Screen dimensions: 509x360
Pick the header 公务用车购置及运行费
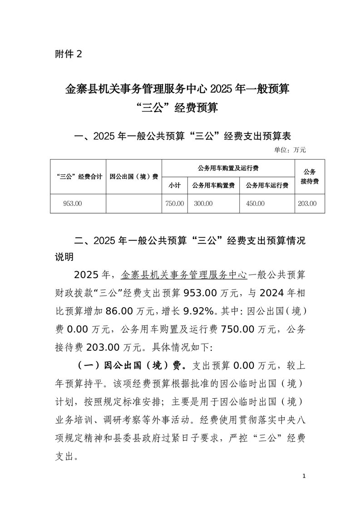pyautogui.click(x=228, y=168)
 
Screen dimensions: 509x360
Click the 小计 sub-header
pyautogui.click(x=174, y=186)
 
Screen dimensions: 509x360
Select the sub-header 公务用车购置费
pyautogui.click(x=213, y=186)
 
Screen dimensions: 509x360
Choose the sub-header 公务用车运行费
pyautogui.click(x=267, y=186)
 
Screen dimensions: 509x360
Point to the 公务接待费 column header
pyautogui.click(x=309, y=176)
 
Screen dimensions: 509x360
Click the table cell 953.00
pyautogui.click(x=73, y=204)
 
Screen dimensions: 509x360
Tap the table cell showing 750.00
pyautogui.click(x=175, y=204)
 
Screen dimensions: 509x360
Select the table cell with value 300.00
pyautogui.click(x=203, y=204)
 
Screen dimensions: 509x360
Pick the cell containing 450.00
pyautogui.click(x=255, y=204)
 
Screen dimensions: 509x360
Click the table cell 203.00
pyautogui.click(x=307, y=204)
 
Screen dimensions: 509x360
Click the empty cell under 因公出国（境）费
pyautogui.click(x=134, y=204)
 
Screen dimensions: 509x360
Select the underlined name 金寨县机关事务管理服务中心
pyautogui.click(x=184, y=275)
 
